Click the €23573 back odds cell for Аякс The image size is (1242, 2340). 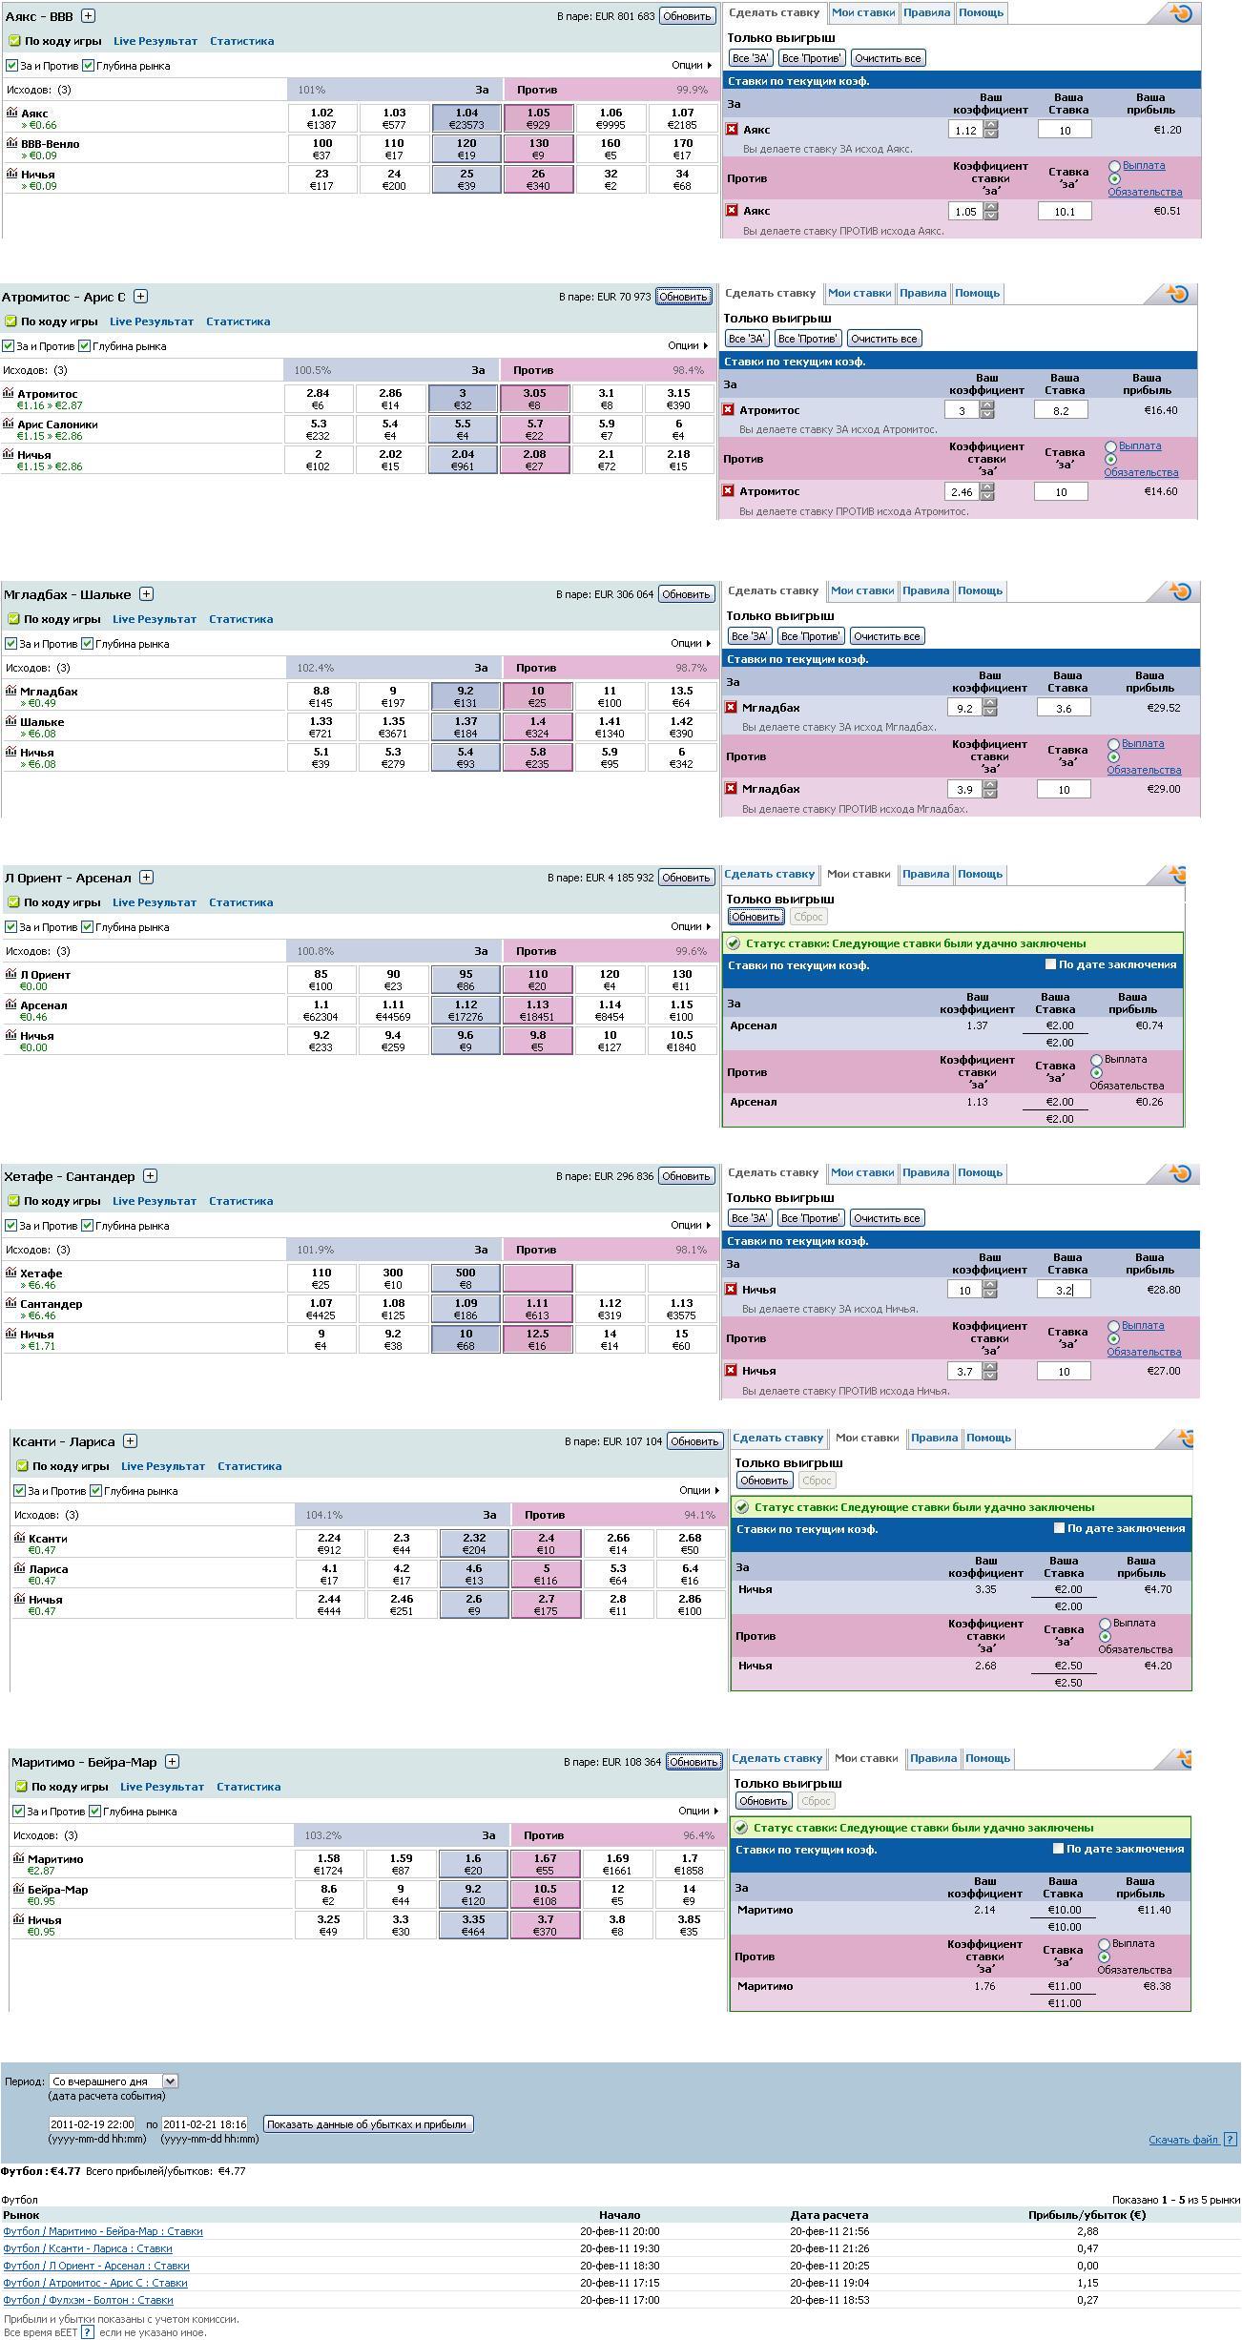[466, 118]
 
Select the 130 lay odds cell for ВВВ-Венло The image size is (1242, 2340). [538, 149]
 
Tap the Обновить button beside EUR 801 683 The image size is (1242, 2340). [687, 16]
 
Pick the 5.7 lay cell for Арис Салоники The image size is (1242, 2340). [534, 429]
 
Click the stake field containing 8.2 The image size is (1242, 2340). [1061, 410]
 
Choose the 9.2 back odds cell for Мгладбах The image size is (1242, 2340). [466, 696]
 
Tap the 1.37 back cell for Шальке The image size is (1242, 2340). [466, 727]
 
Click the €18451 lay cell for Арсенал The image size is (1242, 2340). [538, 1010]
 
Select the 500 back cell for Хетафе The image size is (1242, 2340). [466, 1278]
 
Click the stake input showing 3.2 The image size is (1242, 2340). [1064, 1290]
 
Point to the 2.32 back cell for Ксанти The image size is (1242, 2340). [474, 1543]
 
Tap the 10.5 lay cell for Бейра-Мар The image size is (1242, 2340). [545, 1895]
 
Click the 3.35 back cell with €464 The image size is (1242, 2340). [473, 1925]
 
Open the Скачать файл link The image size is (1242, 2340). [1183, 2140]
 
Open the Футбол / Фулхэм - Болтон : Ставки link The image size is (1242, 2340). [88, 2300]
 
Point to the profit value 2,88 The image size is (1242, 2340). [1087, 2231]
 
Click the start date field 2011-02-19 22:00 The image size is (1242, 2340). [92, 2124]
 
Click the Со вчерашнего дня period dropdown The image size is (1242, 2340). [114, 2081]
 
